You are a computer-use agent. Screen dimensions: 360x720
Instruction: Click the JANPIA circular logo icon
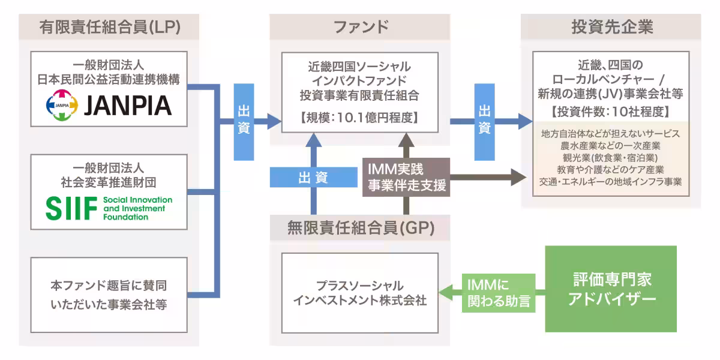[x=62, y=105]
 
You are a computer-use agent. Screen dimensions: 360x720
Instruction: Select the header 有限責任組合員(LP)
[x=110, y=27]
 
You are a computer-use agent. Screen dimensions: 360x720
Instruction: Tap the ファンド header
[x=360, y=27]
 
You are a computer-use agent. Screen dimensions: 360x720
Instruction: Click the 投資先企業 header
[x=611, y=27]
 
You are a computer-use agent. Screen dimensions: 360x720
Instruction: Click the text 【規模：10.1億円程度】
[x=359, y=118]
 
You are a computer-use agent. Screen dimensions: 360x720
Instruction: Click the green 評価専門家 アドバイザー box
[x=611, y=289]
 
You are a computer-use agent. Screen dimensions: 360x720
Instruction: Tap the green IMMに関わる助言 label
[x=498, y=291]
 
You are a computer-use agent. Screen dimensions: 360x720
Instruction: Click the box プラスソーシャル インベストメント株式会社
[x=360, y=293]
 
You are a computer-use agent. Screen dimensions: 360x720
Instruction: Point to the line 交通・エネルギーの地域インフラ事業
[x=610, y=182]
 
